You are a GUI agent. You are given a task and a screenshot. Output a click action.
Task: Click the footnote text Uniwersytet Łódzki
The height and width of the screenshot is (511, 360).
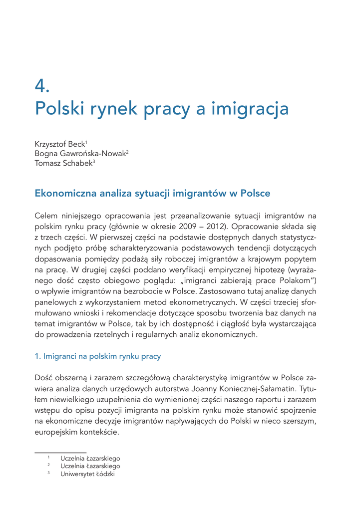point(87,474)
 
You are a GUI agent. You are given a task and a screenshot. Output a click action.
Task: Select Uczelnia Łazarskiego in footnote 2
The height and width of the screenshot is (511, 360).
point(90,466)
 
